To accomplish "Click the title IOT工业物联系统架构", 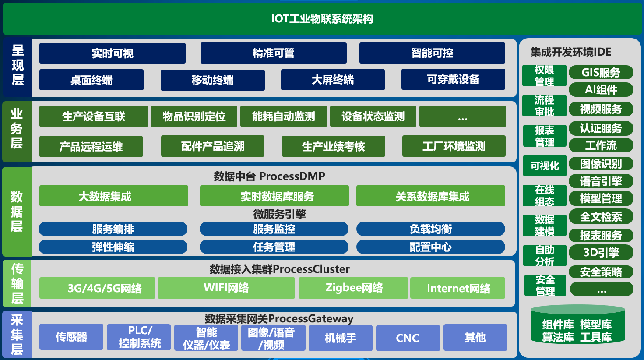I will (x=322, y=19).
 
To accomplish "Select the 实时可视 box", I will (x=113, y=53).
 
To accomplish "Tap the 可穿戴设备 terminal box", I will (x=453, y=79).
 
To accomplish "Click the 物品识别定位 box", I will (x=194, y=116).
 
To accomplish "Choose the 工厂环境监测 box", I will (x=454, y=146).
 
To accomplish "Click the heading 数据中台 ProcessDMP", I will (x=269, y=176).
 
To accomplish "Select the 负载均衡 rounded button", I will (x=430, y=229).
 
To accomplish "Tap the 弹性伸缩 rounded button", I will (x=113, y=247).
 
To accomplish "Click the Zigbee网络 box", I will (x=353, y=288).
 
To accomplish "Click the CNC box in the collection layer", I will (x=408, y=338).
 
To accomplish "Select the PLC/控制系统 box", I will (x=139, y=337).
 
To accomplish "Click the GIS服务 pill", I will (x=601, y=72).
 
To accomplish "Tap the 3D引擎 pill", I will (x=601, y=253).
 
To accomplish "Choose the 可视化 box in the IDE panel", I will (x=545, y=166).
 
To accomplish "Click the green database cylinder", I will (x=577, y=325).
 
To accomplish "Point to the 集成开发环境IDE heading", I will (x=570, y=52).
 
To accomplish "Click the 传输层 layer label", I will (x=17, y=283).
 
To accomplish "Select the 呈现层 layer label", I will (x=17, y=65).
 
